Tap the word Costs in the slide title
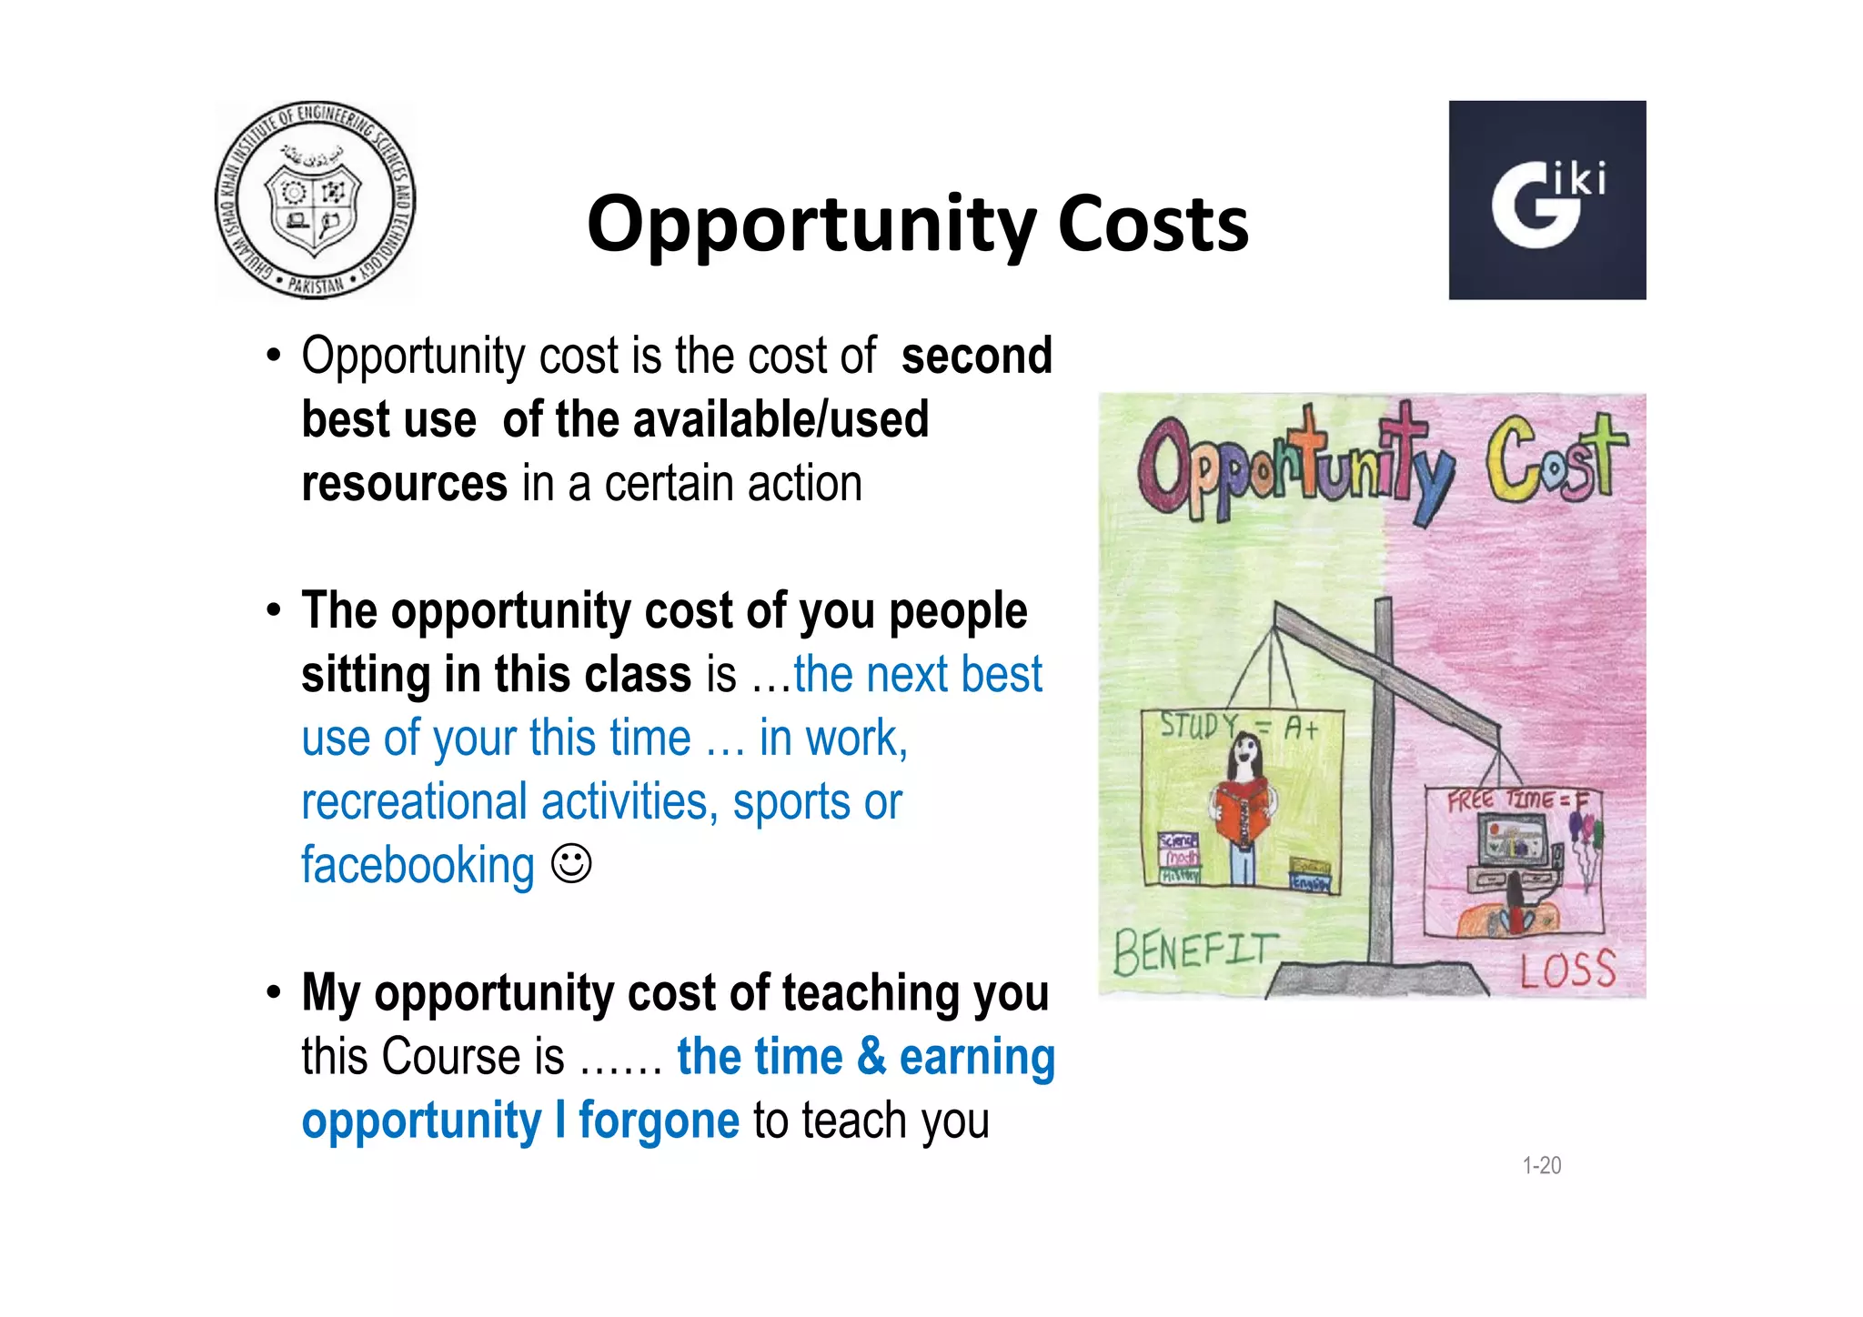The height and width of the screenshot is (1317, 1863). pyautogui.click(x=1153, y=224)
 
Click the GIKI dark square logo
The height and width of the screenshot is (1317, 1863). pyautogui.click(x=1546, y=200)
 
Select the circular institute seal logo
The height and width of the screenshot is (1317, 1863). pyautogui.click(x=315, y=200)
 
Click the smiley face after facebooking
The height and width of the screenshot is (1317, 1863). pyautogui.click(x=572, y=863)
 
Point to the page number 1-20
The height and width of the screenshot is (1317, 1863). pyautogui.click(x=1541, y=1165)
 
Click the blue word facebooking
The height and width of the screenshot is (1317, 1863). pyautogui.click(x=418, y=865)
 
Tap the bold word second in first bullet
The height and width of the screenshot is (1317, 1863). pyautogui.click(x=976, y=356)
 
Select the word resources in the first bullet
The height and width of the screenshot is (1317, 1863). pyautogui.click(x=404, y=483)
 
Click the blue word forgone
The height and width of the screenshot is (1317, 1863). pyautogui.click(x=659, y=1120)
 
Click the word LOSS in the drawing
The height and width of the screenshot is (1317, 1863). pyautogui.click(x=1567, y=970)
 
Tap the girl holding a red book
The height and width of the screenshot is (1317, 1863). pyautogui.click(x=1244, y=805)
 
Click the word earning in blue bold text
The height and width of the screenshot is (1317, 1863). pyautogui.click(x=977, y=1057)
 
